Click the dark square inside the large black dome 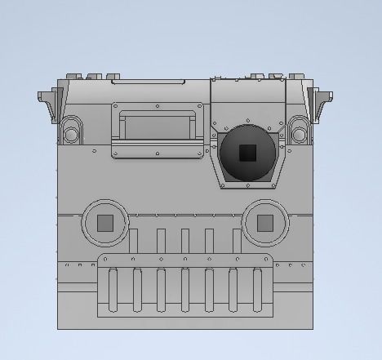tap(247, 152)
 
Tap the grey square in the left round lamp tap(105, 224)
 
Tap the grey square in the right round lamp tap(265, 224)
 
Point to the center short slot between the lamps tap(185, 241)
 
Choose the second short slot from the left tap(160, 241)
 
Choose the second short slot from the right tap(211, 241)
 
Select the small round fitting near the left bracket tap(71, 129)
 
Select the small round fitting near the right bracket tap(299, 129)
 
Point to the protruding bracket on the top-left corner tap(46, 101)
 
